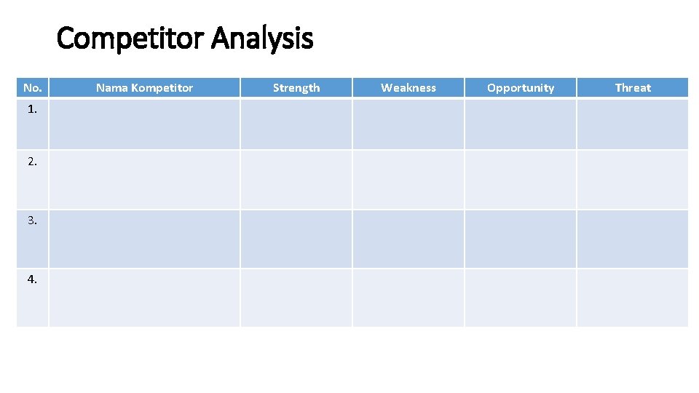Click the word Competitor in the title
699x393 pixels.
pyautogui.click(x=131, y=39)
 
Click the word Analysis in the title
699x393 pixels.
pyautogui.click(x=262, y=39)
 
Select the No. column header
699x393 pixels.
pyautogui.click(x=32, y=88)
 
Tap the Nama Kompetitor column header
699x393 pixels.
pyautogui.click(x=144, y=88)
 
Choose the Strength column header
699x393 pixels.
pyautogui.click(x=296, y=88)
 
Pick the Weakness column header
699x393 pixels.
pyautogui.click(x=408, y=88)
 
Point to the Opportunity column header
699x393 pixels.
pyautogui.click(x=521, y=88)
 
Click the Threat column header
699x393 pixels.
pyautogui.click(x=633, y=88)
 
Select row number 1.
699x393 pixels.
pyautogui.click(x=32, y=110)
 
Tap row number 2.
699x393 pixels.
pyautogui.click(x=32, y=162)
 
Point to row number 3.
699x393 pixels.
pyautogui.click(x=32, y=220)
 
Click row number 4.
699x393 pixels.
pyautogui.click(x=32, y=279)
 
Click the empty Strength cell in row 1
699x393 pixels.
pyautogui.click(x=296, y=124)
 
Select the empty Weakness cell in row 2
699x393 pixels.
pyautogui.click(x=408, y=180)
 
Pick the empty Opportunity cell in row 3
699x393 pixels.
pyautogui.click(x=521, y=239)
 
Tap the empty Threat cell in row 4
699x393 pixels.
pyautogui.click(x=633, y=298)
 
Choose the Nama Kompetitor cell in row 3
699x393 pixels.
pyautogui.click(x=144, y=239)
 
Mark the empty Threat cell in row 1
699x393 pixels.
pyautogui.click(x=633, y=124)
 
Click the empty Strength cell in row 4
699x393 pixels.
pyautogui.click(x=296, y=298)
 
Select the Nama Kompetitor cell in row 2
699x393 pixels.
pyautogui.click(x=144, y=180)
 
